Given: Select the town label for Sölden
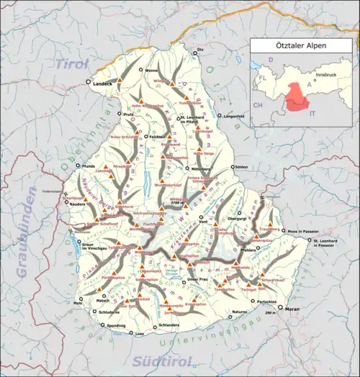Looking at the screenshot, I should point(241,167).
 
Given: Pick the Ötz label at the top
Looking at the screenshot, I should point(201,49).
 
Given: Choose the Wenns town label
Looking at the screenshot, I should point(151,71).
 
